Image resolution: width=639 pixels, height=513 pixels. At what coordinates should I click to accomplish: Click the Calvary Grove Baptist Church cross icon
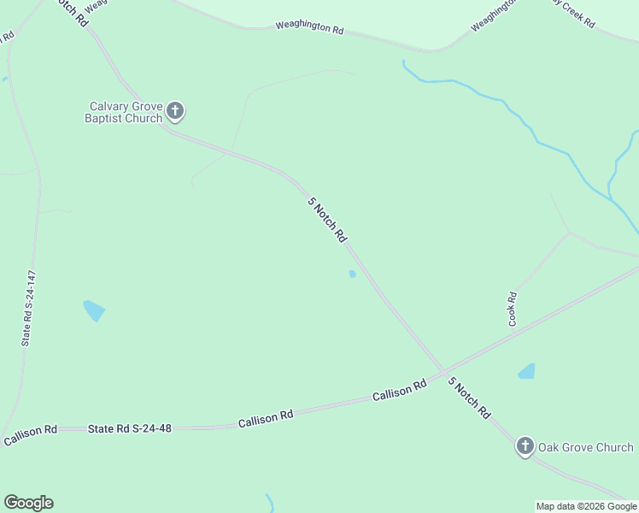[175, 110]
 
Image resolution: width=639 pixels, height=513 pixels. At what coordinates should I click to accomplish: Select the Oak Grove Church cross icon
[525, 445]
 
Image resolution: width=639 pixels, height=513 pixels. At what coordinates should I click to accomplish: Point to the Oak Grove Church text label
[585, 447]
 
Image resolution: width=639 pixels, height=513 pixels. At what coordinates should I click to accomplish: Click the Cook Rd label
[513, 309]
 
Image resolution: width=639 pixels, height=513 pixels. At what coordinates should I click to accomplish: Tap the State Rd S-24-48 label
[130, 427]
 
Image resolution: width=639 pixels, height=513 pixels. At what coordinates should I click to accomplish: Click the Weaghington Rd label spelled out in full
[309, 28]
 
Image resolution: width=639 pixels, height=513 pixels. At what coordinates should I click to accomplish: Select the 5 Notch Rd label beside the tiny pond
[327, 220]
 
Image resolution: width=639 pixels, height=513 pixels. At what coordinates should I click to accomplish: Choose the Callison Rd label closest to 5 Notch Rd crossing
[399, 392]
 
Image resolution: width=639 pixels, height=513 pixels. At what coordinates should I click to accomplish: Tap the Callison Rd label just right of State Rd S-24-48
[266, 418]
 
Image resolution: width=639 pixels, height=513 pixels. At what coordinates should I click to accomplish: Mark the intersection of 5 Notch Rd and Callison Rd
[443, 372]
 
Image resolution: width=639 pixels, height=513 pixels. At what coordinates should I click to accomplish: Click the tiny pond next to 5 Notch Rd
[352, 274]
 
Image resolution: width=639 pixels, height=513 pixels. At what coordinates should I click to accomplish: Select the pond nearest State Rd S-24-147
[94, 310]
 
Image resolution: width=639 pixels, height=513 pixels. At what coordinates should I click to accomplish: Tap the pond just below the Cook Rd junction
[526, 371]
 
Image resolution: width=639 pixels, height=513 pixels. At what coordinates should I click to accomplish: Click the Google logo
[28, 503]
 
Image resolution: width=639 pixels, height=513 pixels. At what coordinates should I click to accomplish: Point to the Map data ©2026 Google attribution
[586, 506]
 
